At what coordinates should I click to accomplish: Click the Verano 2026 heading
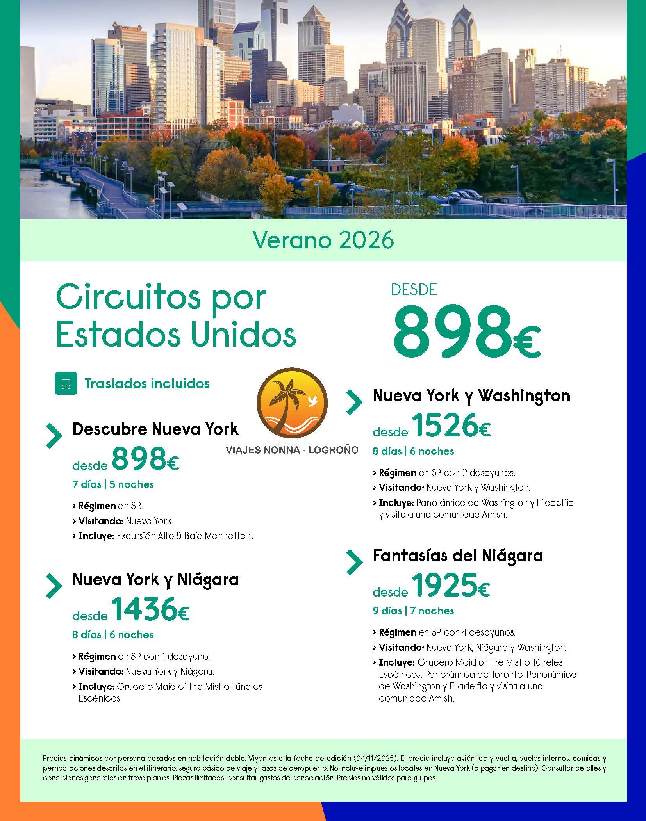[323, 240]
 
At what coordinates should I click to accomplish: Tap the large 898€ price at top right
[466, 332]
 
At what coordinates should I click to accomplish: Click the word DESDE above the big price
[414, 290]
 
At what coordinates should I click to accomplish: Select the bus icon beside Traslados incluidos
[66, 383]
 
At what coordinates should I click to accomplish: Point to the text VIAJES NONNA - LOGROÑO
[292, 450]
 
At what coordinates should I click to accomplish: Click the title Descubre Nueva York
[155, 429]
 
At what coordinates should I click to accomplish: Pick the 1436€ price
[150, 610]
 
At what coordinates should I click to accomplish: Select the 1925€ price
[451, 586]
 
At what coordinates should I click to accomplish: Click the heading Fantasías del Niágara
[458, 555]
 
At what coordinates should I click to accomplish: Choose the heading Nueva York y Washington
[471, 395]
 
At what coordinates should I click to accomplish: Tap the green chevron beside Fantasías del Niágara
[354, 562]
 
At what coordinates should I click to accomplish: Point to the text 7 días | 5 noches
[113, 484]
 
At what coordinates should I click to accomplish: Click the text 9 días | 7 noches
[413, 611]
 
